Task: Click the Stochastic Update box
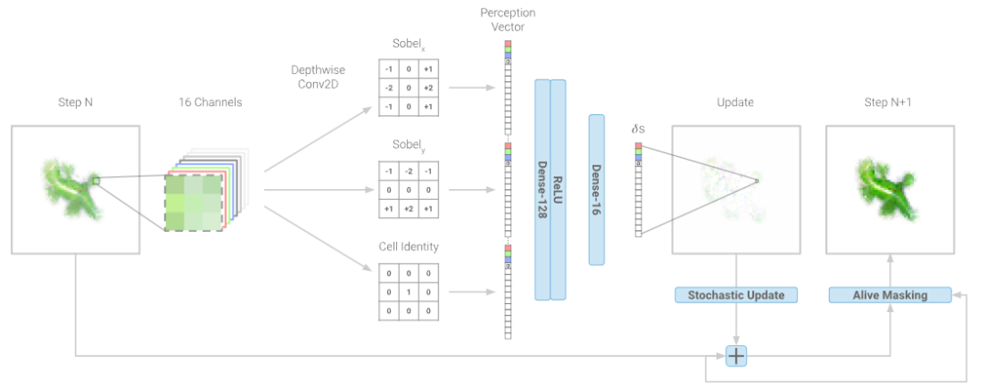[x=736, y=295]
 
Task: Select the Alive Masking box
[x=890, y=295]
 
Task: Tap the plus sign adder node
[x=736, y=356]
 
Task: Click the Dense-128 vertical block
[x=541, y=189]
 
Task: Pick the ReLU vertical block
[x=558, y=189]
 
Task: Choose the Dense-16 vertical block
[x=597, y=189]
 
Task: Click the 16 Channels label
[x=211, y=103]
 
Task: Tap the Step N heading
[x=75, y=103]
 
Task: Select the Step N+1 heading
[x=888, y=103]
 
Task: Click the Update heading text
[x=735, y=103]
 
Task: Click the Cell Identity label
[x=408, y=246]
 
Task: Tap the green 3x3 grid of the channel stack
[x=194, y=202]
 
